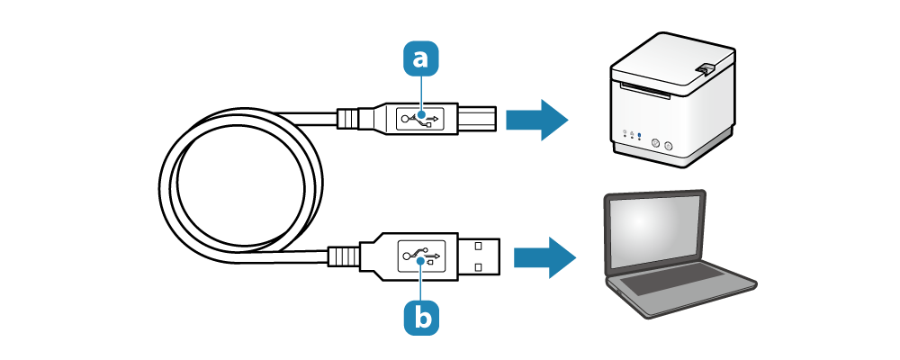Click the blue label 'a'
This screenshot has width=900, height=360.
420,59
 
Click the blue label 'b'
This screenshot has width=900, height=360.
421,316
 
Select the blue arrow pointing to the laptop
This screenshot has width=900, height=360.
544,257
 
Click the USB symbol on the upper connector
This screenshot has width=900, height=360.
420,119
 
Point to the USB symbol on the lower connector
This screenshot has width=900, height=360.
421,256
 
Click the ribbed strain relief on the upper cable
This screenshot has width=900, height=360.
349,119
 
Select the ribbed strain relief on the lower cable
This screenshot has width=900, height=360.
343,256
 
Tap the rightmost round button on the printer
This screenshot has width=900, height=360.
669,144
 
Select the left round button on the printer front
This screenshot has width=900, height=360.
654,142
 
